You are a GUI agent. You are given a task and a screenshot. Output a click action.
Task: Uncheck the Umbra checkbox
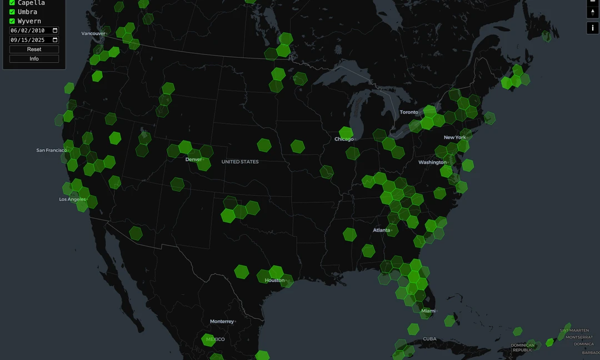(12, 12)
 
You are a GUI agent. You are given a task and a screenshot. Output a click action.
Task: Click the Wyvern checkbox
(12, 21)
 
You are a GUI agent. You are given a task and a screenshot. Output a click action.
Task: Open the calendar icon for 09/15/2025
(55, 40)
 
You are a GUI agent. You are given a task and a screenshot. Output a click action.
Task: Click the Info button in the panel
(34, 59)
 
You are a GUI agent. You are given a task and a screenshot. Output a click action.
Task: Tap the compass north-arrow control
(592, 12)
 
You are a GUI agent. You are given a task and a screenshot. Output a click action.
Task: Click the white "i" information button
(592, 28)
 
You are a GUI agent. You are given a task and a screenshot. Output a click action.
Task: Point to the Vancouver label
(93, 33)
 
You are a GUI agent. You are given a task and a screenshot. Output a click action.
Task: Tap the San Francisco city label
(51, 150)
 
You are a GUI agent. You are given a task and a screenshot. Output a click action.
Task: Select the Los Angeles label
(73, 199)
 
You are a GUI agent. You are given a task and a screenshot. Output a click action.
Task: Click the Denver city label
(193, 159)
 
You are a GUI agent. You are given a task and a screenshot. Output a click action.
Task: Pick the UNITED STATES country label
(240, 162)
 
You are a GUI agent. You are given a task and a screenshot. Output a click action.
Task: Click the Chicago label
(344, 139)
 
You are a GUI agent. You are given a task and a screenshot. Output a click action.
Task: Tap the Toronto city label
(409, 112)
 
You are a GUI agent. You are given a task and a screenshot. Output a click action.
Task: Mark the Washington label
(432, 162)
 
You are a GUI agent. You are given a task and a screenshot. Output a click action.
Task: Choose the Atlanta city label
(381, 230)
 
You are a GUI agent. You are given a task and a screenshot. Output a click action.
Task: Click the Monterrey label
(222, 322)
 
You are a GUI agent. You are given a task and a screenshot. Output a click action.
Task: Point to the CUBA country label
(429, 339)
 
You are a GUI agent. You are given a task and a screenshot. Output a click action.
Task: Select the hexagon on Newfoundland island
(547, 36)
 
